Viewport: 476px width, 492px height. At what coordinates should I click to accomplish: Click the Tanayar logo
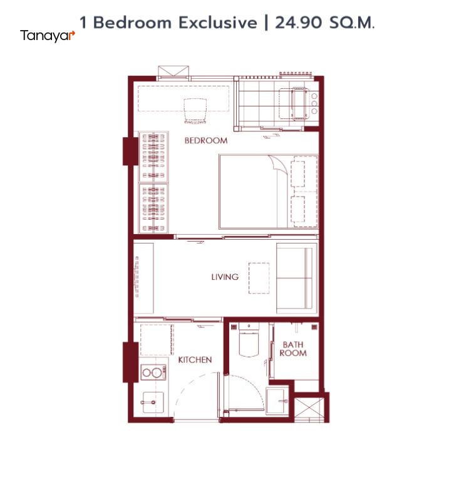[48, 36]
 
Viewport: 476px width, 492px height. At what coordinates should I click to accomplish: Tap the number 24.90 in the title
[299, 23]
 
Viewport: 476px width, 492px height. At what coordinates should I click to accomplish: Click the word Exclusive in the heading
[218, 23]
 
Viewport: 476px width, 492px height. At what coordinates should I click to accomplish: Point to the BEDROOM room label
[206, 140]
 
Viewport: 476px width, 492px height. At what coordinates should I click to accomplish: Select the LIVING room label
[225, 277]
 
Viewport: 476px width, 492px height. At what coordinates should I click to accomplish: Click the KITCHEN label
[195, 359]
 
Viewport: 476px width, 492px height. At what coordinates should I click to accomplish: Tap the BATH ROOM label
[293, 349]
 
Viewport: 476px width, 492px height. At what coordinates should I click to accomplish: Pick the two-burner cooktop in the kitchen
[153, 372]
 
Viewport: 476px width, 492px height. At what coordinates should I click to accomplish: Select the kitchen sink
[153, 402]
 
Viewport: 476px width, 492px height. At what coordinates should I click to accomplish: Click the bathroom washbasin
[277, 401]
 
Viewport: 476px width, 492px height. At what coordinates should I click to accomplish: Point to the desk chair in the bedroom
[195, 111]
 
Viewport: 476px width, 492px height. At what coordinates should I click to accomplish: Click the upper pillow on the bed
[298, 174]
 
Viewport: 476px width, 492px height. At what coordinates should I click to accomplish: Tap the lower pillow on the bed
[298, 209]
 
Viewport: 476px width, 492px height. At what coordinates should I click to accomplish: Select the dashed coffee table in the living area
[259, 278]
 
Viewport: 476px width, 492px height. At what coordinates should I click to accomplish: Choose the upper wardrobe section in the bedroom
[153, 157]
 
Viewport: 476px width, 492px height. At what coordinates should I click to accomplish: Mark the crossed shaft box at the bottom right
[309, 409]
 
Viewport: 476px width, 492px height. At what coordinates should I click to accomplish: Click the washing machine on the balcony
[299, 103]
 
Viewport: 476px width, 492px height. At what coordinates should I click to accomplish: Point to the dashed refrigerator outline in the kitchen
[157, 340]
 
